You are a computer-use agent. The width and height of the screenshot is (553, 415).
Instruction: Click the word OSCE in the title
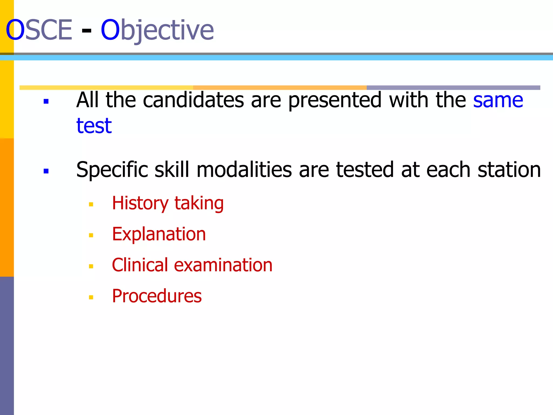[x=39, y=30]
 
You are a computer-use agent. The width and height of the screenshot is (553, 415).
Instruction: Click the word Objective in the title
[x=157, y=30]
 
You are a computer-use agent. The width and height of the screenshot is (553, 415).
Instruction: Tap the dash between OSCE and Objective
[x=86, y=30]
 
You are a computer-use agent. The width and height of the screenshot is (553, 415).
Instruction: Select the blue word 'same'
[x=498, y=100]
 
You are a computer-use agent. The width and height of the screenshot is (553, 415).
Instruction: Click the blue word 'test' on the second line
[x=94, y=126]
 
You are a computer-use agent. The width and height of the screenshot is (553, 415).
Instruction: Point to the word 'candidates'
[x=193, y=100]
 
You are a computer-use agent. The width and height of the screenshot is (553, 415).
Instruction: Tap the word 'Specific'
[x=112, y=170]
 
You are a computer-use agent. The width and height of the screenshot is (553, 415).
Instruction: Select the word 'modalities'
[x=244, y=170]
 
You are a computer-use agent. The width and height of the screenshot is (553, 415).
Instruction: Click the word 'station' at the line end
[x=509, y=170]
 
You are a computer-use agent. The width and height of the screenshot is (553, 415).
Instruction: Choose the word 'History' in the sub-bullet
[x=140, y=203]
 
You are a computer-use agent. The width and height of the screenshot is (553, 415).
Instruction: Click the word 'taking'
[x=199, y=203]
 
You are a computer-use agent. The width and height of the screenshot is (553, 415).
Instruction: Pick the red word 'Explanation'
[x=159, y=234]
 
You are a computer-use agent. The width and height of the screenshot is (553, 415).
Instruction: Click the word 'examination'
[x=223, y=265]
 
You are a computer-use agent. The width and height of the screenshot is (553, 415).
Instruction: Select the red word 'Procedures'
[x=157, y=296]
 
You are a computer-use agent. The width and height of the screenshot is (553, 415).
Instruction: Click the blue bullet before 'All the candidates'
[x=46, y=102]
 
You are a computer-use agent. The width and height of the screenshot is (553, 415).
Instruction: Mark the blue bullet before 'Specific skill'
[x=46, y=171]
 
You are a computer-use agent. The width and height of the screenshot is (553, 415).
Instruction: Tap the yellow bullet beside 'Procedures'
[x=91, y=297]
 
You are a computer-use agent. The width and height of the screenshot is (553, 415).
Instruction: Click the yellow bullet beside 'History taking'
[x=91, y=205]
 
